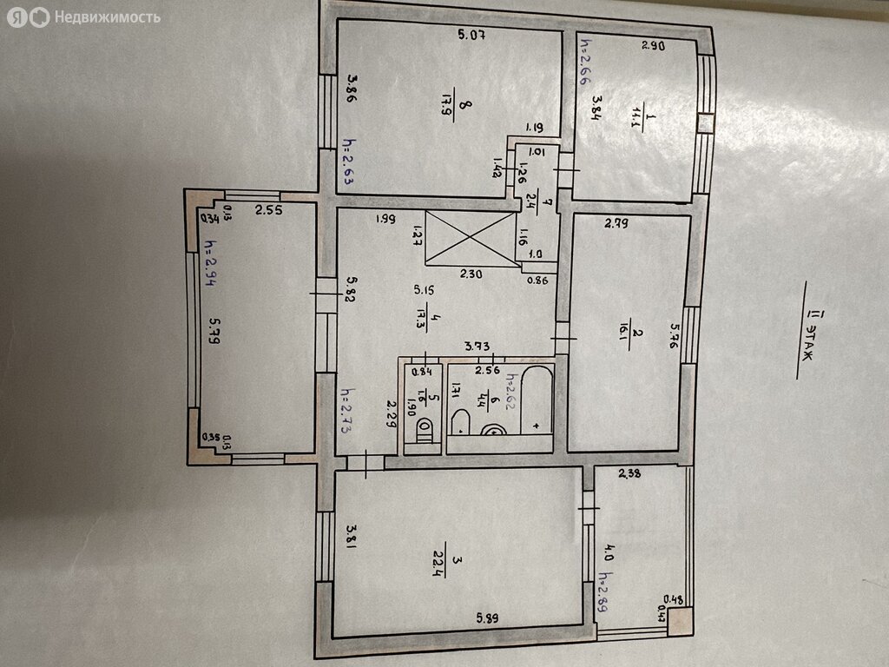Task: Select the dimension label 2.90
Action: click(653, 47)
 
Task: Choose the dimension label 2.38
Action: click(629, 474)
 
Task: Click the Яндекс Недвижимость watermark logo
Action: click(83, 17)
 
